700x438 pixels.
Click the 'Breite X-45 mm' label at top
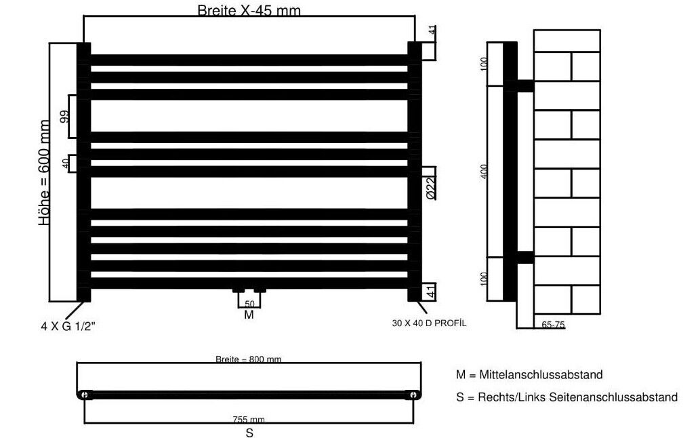[x=249, y=10]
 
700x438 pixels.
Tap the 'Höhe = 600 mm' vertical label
[x=44, y=172]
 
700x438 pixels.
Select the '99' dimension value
[x=65, y=117]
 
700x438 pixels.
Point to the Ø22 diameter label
[x=430, y=188]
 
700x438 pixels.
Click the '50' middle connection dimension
[x=249, y=304]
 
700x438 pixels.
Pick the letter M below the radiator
[x=249, y=315]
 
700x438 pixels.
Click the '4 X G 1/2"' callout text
[x=68, y=326]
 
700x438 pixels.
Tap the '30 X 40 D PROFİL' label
[x=429, y=323]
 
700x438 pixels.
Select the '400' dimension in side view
[x=485, y=172]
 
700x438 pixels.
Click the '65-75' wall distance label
[x=553, y=325]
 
